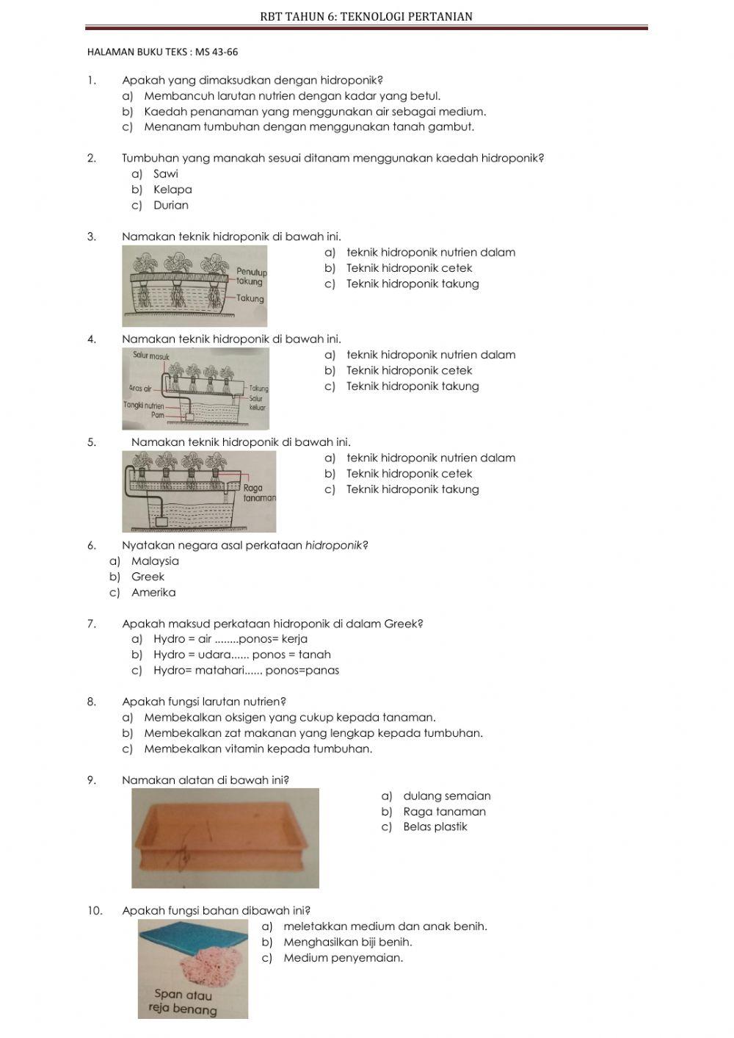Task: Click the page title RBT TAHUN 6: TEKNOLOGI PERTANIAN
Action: point(366,16)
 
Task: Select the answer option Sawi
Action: point(165,174)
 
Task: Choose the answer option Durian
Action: point(170,206)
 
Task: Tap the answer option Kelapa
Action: point(172,190)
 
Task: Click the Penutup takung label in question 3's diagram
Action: point(252,277)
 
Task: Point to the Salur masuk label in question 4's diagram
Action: point(151,357)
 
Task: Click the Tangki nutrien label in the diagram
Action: point(144,406)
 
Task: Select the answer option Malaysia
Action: point(155,561)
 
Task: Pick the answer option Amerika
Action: point(153,593)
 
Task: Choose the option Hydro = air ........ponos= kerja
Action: point(230,639)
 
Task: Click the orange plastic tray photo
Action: point(225,837)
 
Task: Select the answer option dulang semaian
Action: point(446,796)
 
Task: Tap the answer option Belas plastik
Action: point(435,827)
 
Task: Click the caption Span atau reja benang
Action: point(183,1003)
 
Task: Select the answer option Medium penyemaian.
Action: point(343,958)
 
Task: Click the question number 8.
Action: point(92,702)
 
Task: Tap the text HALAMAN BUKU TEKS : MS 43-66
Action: point(162,52)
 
